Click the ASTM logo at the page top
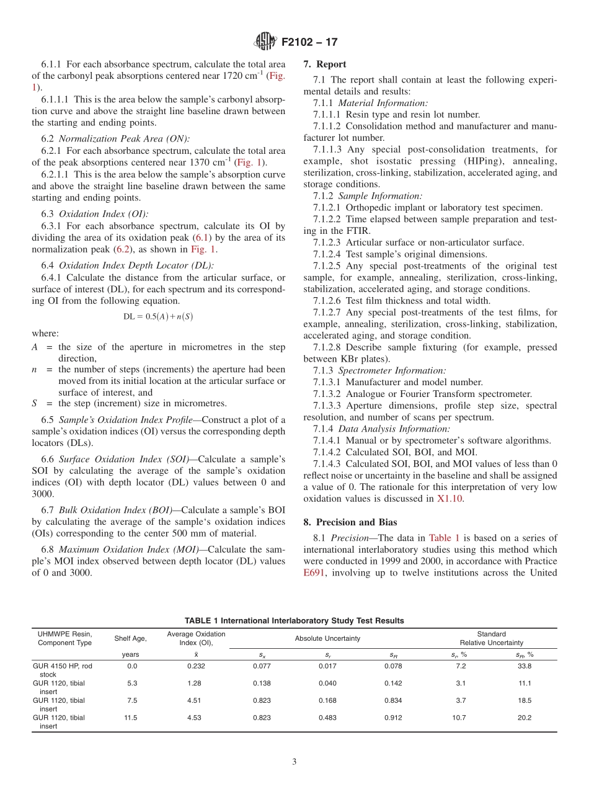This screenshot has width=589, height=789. coord(265,42)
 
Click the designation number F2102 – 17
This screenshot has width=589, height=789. coord(309,42)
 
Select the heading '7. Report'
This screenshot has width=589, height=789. coord(325,64)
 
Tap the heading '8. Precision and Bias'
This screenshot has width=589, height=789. coord(350,522)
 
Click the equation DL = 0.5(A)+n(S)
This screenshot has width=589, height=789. coord(159,316)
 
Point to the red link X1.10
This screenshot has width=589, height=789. coord(449,498)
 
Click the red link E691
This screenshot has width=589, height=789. coord(314,573)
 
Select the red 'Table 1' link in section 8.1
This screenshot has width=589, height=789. coord(444,538)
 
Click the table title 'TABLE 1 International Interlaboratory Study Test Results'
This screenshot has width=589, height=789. coord(294,620)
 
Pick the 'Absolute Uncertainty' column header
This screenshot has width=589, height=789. coord(327,638)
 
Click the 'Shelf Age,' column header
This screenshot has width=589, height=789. coord(130,638)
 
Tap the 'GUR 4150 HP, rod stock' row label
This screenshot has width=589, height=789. coord(62,670)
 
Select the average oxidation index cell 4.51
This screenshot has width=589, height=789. coord(196,700)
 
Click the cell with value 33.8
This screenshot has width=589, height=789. coord(525,666)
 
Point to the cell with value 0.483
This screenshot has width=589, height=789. coord(327,718)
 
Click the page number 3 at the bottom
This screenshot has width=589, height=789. coord(294,762)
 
